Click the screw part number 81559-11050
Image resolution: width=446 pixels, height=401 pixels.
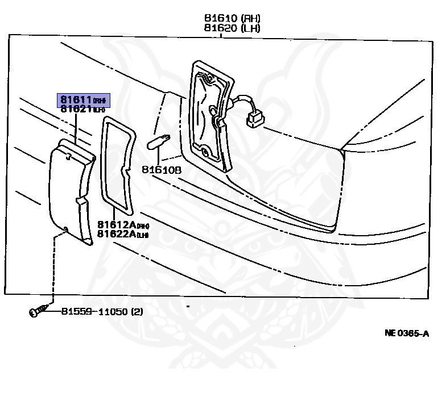click(x=94, y=311)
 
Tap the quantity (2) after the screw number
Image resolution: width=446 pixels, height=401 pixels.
click(x=137, y=311)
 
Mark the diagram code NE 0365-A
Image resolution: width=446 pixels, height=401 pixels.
click(x=406, y=333)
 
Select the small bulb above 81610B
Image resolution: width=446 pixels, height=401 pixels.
click(x=158, y=140)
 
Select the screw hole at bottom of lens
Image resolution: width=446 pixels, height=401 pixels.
click(x=66, y=229)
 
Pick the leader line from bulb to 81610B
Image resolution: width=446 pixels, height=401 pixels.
click(x=158, y=156)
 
